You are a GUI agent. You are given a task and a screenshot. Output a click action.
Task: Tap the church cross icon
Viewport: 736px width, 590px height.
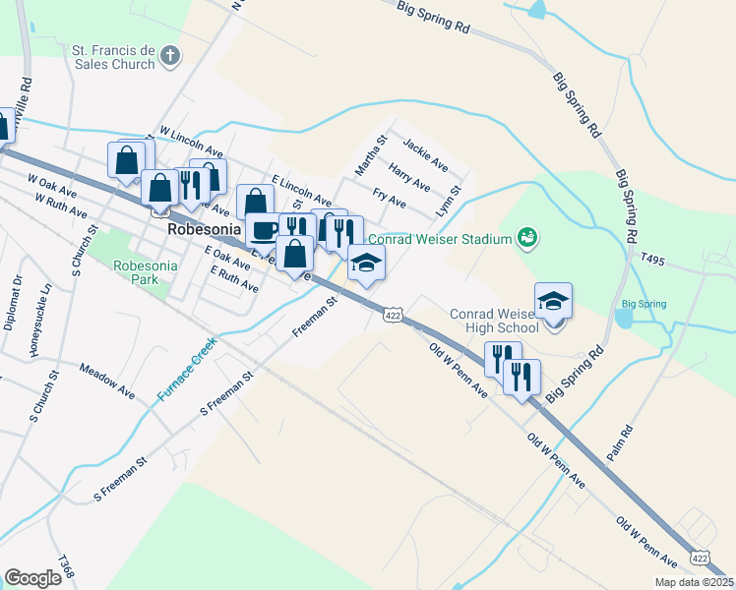pyautogui.click(x=170, y=55)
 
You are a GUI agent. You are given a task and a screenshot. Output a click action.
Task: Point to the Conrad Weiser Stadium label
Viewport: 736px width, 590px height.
pyautogui.click(x=441, y=238)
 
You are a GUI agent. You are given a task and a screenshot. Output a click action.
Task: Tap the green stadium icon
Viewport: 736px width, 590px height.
pyautogui.click(x=527, y=237)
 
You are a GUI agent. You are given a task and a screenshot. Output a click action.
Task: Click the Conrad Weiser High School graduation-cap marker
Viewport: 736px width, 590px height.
pyautogui.click(x=554, y=301)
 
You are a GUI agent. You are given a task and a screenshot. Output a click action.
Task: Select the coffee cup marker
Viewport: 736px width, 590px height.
pyautogui.click(x=263, y=230)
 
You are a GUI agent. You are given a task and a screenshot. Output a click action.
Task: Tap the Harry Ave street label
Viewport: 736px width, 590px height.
pyautogui.click(x=409, y=177)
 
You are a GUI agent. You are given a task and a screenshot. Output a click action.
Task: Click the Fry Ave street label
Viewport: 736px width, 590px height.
pyautogui.click(x=390, y=199)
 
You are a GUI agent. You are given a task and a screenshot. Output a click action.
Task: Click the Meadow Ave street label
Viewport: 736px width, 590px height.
pyautogui.click(x=107, y=383)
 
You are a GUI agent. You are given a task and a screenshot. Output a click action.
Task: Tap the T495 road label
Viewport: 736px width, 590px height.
pyautogui.click(x=653, y=260)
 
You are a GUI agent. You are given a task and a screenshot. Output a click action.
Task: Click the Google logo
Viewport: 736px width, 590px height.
pyautogui.click(x=32, y=578)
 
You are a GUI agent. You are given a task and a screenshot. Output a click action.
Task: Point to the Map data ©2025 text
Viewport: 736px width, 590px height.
pyautogui.click(x=694, y=582)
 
